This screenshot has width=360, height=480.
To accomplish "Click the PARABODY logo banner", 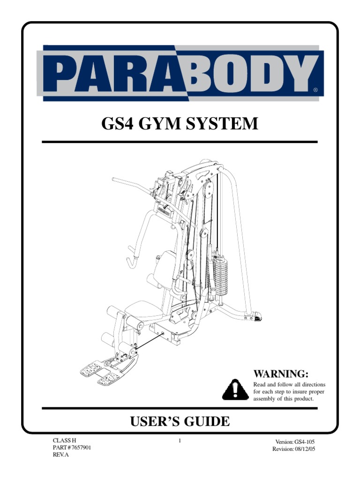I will click(181, 73).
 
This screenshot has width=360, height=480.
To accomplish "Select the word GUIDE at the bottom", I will click(208, 421).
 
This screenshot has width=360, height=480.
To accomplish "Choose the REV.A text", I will click(60, 455).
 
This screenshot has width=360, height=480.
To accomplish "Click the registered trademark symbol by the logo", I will click(315, 89).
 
